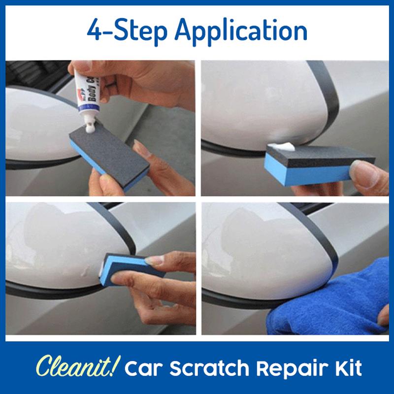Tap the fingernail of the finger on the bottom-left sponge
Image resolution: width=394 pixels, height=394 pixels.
[154, 260]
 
